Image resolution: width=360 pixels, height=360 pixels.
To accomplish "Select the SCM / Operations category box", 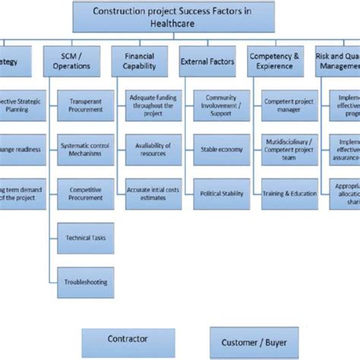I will [x=77, y=60].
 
